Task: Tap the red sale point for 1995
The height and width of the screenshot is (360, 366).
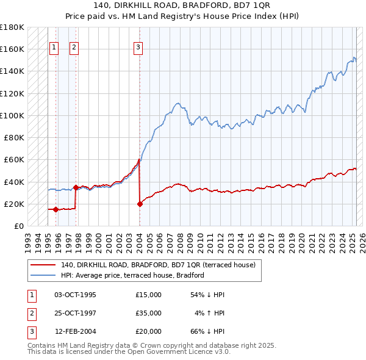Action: [x=56, y=209]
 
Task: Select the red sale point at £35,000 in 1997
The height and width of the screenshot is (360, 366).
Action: [x=76, y=187]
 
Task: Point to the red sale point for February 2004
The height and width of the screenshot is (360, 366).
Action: [x=140, y=204]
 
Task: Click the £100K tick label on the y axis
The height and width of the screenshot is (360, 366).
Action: [x=12, y=115]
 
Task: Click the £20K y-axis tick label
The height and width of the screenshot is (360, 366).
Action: [x=14, y=204]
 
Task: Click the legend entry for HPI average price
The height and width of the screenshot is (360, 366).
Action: [x=132, y=275]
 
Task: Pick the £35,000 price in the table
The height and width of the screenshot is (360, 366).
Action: [x=149, y=313]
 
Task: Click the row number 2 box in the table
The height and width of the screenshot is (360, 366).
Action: [x=30, y=313]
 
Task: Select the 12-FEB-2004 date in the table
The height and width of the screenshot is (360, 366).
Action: [x=75, y=331]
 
